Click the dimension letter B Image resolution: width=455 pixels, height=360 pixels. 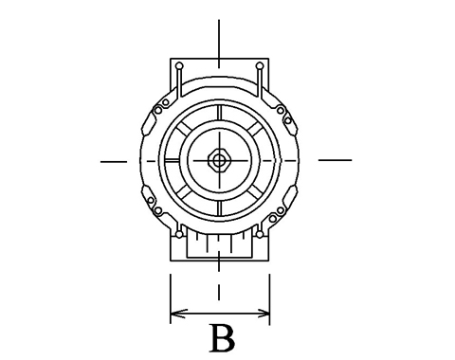tap(223, 338)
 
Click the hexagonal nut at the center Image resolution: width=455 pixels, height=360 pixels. tap(218, 160)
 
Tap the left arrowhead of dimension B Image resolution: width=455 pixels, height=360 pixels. tap(178, 314)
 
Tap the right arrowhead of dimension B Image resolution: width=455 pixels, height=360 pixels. tap(262, 314)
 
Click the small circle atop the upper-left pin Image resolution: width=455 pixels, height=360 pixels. tap(179, 66)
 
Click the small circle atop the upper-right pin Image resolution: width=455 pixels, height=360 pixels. tap(260, 66)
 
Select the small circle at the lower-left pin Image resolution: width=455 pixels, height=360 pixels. tap(179, 234)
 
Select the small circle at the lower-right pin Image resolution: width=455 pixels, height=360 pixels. tap(260, 234)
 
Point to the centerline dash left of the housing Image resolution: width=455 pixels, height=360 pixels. tap(114, 162)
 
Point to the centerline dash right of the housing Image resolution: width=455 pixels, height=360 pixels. tap(335, 160)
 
